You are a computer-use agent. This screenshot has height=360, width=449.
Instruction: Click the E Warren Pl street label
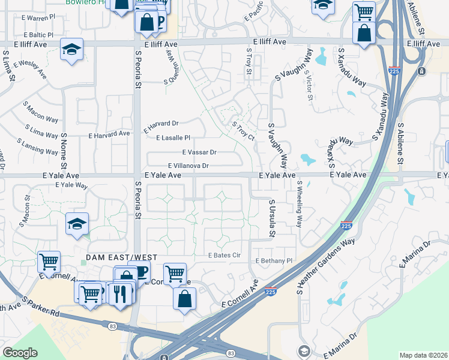[x=37, y=19]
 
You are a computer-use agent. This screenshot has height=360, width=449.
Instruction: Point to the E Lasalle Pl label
[x=173, y=138]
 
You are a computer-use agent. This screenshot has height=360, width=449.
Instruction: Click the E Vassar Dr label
[x=199, y=152]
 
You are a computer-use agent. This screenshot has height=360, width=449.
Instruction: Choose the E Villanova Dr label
[x=188, y=166]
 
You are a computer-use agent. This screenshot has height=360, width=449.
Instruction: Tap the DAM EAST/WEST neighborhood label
[x=121, y=257]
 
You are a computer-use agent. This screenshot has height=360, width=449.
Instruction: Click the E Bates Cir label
[x=224, y=256]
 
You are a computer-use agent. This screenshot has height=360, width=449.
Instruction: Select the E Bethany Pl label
[x=274, y=261]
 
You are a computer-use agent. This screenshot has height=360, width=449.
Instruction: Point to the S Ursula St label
[x=272, y=218]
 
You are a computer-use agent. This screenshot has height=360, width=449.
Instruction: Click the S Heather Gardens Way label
[x=326, y=266]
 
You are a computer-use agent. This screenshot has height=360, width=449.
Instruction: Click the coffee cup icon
[x=139, y=272]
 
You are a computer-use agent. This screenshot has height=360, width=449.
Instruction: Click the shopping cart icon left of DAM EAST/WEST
[x=49, y=262]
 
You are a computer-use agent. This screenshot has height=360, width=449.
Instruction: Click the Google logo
[x=20, y=352]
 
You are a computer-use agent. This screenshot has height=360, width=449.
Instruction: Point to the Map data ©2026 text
[x=424, y=355]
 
